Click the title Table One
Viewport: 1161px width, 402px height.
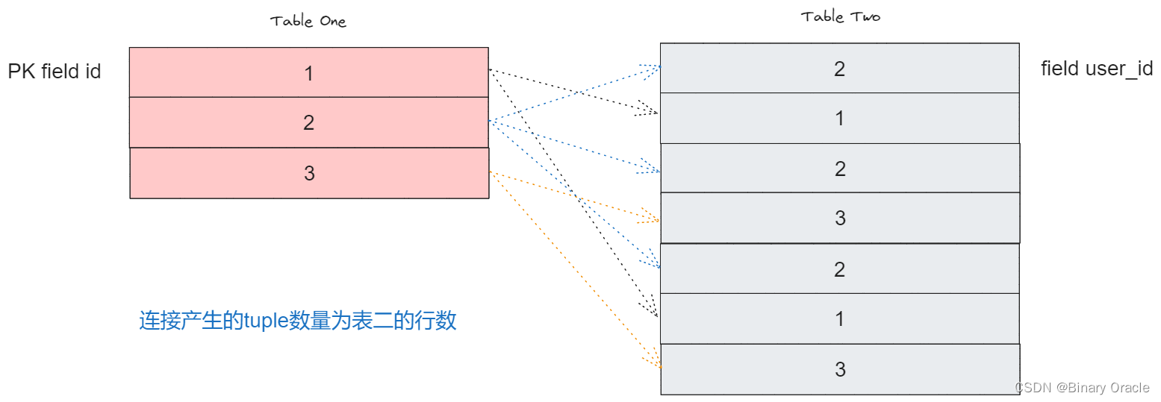[308, 21]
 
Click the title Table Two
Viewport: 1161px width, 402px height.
[840, 16]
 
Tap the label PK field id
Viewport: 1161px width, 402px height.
[55, 72]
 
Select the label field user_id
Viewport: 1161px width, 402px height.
[1097, 69]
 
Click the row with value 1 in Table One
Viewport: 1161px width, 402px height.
[308, 72]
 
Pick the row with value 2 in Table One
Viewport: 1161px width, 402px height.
[308, 122]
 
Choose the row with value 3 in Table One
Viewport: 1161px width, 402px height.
[308, 173]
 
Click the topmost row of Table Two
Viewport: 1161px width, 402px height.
[839, 69]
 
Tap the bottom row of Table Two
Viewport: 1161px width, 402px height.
[840, 369]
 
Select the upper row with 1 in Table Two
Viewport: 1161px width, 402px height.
[839, 118]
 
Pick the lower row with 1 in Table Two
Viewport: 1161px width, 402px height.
[839, 318]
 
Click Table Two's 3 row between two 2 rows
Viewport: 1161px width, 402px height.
[840, 218]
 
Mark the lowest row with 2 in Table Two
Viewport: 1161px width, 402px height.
[839, 268]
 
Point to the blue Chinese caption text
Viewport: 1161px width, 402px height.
[297, 321]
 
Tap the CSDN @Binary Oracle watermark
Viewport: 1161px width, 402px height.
[1082, 387]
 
